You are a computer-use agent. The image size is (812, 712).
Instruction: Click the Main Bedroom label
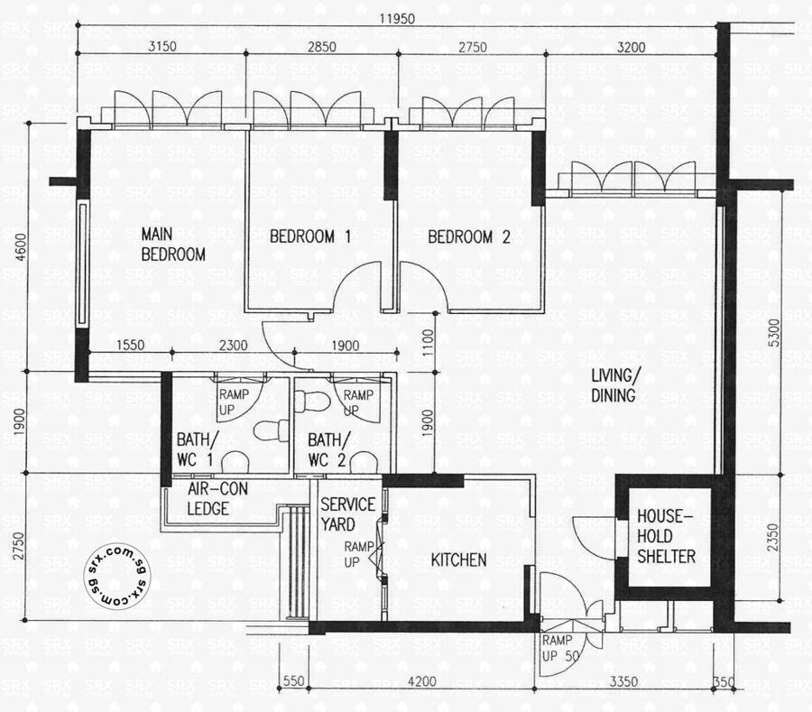(173, 245)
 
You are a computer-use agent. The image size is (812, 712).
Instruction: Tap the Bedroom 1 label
(310, 237)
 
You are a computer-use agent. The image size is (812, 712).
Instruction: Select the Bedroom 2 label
(468, 237)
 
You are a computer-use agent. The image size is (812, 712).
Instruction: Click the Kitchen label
(458, 559)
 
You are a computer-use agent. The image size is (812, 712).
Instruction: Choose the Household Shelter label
(666, 536)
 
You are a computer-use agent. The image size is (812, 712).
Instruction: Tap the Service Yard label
(347, 514)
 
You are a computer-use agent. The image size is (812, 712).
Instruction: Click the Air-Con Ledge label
(217, 498)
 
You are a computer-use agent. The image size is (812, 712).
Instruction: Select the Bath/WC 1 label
(195, 449)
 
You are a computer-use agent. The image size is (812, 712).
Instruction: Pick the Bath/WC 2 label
(328, 449)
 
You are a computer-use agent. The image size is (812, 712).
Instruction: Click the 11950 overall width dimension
(397, 19)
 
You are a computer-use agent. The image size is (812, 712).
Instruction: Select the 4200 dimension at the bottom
(422, 681)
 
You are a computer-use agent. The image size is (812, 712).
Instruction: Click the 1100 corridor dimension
(428, 343)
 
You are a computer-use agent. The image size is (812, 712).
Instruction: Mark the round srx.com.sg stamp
(118, 576)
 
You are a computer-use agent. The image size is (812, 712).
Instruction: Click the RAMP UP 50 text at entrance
(559, 648)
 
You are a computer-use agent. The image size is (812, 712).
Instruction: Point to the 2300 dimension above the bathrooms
(233, 345)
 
